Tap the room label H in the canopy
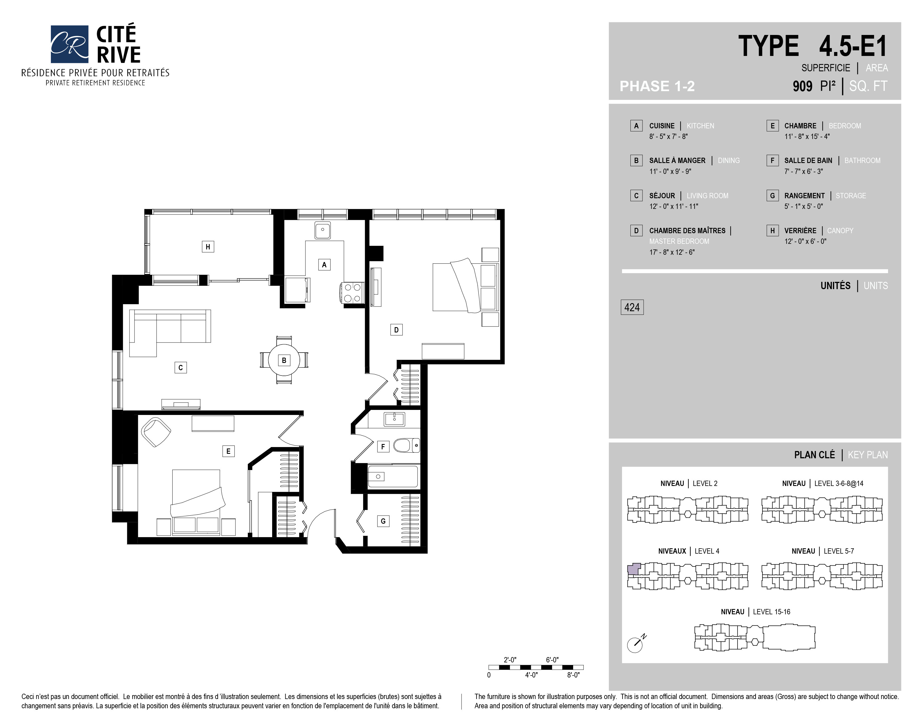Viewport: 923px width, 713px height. pos(208,247)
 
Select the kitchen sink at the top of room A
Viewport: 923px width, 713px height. pos(322,230)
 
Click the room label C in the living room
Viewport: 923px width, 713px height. pos(180,367)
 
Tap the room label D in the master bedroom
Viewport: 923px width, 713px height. pos(396,330)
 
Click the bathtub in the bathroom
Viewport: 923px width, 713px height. pos(393,476)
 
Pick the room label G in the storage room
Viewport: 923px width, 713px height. pos(383,521)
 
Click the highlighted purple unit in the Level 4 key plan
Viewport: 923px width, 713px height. pos(634,569)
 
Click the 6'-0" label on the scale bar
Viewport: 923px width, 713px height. pos(552,660)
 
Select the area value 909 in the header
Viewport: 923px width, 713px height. pos(802,86)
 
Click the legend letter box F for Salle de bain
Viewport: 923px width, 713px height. pos(772,160)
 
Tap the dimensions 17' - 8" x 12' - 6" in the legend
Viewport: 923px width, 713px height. pos(672,252)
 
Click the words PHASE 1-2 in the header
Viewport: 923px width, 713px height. pos(657,86)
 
